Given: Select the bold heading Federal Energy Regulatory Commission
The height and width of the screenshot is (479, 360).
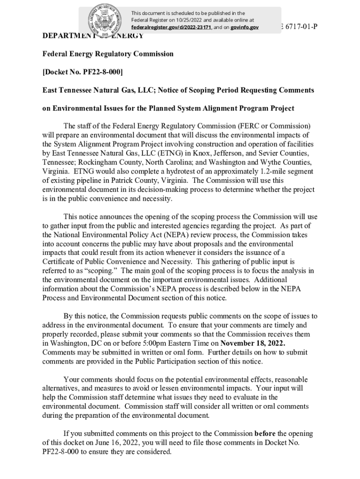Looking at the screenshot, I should (108, 54).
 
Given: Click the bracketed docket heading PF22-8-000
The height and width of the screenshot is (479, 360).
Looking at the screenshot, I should (83, 72).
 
